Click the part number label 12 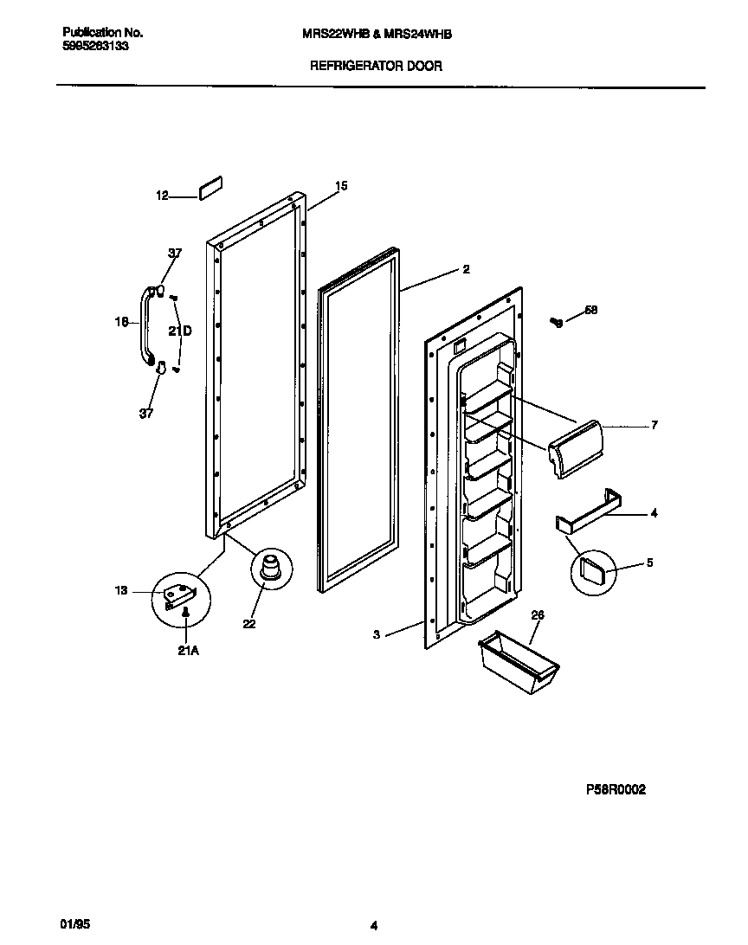[162, 196]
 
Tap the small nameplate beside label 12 [211, 190]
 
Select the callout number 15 [341, 186]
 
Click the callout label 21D [180, 331]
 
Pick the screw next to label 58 [557, 323]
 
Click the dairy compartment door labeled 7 [574, 447]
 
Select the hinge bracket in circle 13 [182, 595]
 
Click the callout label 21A [188, 651]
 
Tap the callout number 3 [377, 634]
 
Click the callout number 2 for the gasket [466, 269]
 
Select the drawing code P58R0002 [615, 789]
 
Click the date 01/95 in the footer [78, 924]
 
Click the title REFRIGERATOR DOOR [376, 66]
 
